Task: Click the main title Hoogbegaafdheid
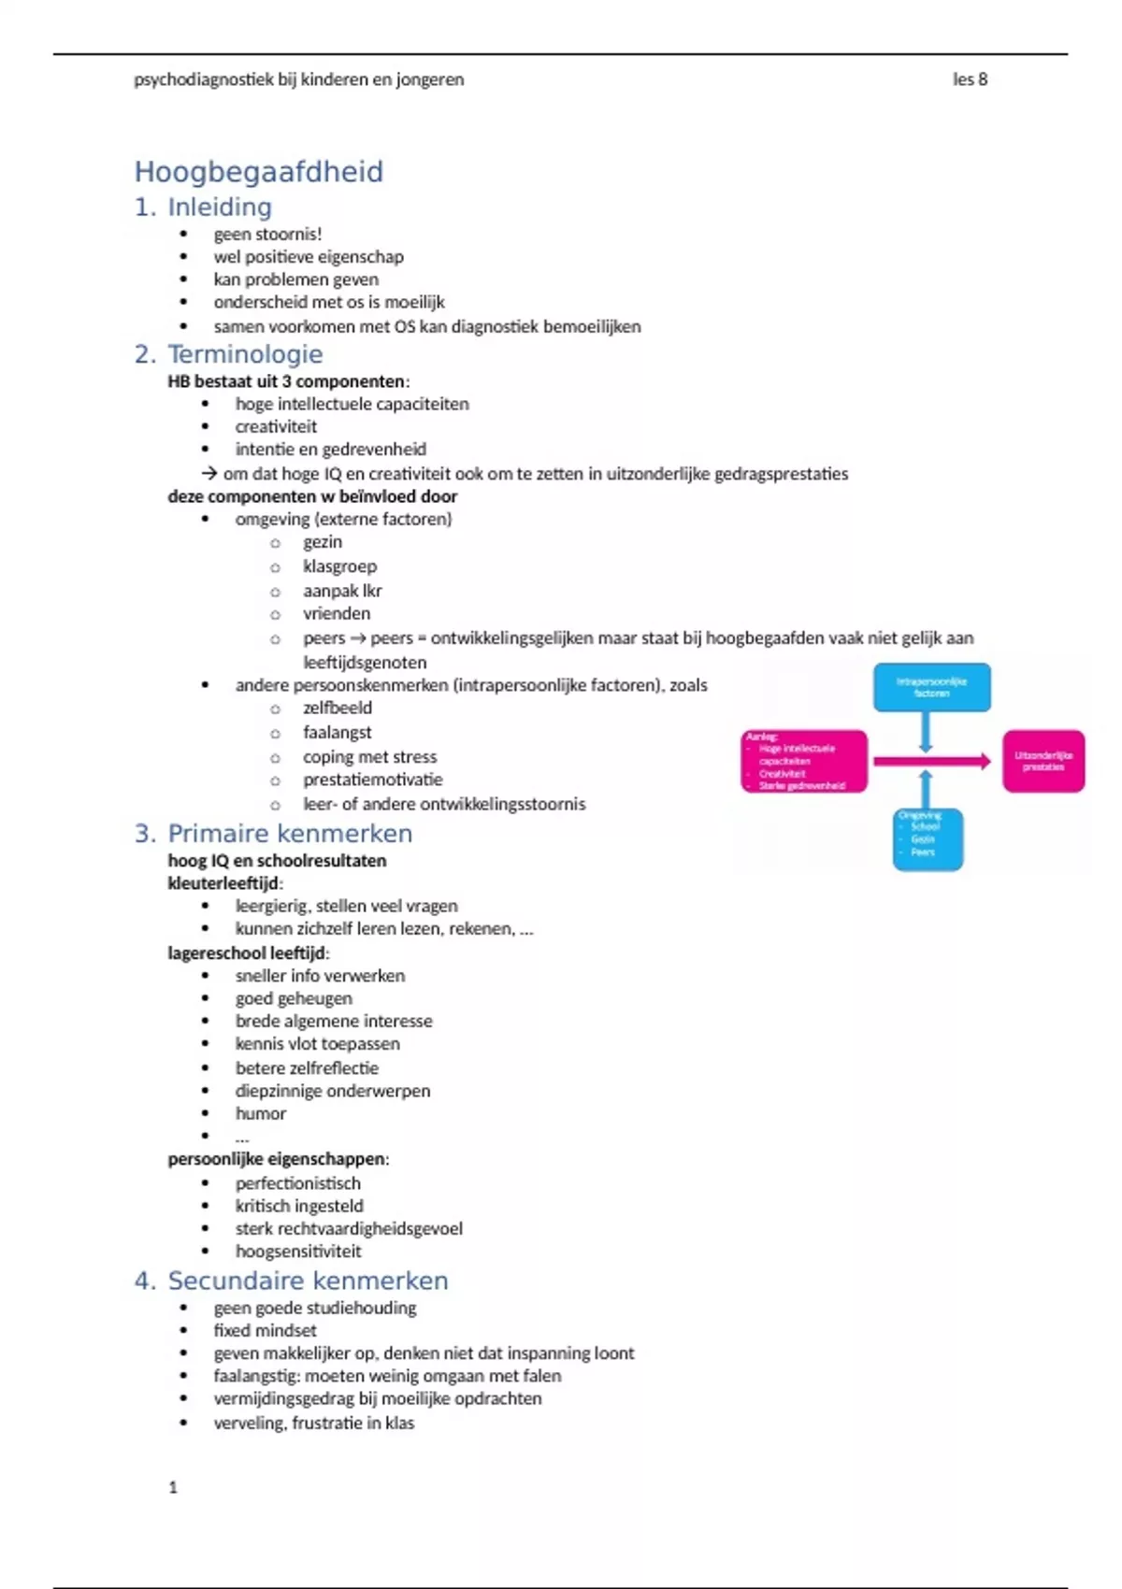coord(258,172)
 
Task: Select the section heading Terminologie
coord(245,354)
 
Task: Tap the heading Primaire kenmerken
coord(289,833)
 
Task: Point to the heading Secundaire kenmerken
coord(308,1281)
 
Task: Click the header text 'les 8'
coord(970,79)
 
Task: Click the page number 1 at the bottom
coord(173,1487)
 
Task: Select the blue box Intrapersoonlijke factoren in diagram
coord(931,687)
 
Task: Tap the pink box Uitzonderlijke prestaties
coord(1043,761)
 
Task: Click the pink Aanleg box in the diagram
coord(804,762)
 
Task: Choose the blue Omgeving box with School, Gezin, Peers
coord(927,838)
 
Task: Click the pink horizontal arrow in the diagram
coord(931,762)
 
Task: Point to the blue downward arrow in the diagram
coord(926,732)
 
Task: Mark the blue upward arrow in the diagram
coord(926,790)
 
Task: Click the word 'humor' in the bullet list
coord(261,1113)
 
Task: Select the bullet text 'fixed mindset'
coord(265,1330)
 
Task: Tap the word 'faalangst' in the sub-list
coord(337,732)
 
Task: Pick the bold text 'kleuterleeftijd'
coord(223,883)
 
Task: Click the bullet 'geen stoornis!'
coord(267,234)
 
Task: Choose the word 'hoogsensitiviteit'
coord(298,1251)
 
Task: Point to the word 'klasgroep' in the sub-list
coord(339,566)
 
